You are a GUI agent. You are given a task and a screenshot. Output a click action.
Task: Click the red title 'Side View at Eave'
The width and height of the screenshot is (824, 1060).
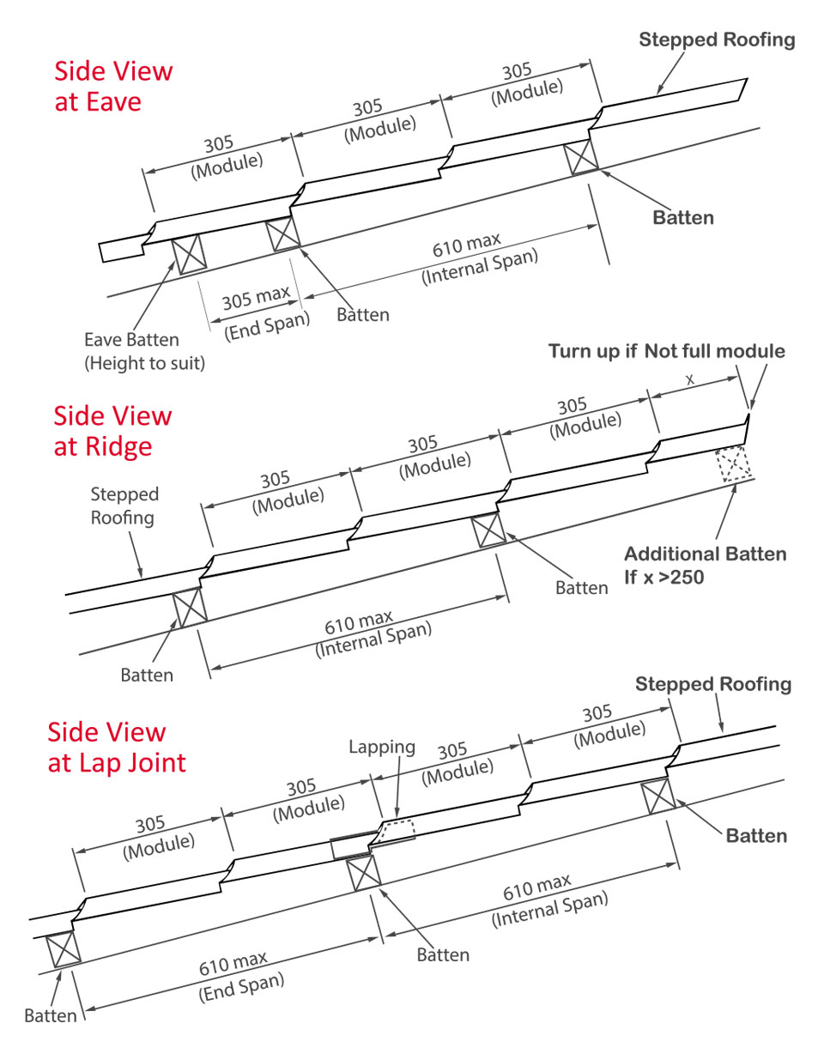(x=113, y=86)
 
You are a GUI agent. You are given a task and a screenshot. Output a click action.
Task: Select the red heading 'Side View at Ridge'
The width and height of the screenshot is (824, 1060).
(x=112, y=431)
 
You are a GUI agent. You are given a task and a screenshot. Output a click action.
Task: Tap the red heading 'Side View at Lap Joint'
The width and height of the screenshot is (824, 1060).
(x=116, y=747)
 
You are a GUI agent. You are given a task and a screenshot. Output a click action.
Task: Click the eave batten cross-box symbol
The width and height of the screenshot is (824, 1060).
(x=189, y=254)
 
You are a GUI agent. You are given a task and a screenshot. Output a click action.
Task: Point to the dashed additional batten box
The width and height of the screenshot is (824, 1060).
(x=734, y=463)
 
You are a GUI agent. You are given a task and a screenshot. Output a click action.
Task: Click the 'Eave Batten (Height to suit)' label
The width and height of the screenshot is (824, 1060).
(x=144, y=351)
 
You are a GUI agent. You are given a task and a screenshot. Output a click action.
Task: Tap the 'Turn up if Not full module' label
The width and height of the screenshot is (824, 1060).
(x=666, y=351)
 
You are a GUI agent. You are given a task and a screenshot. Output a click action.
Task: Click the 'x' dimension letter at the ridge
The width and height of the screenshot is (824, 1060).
(x=690, y=379)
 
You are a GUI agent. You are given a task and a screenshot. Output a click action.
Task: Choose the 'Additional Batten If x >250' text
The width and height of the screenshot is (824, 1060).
(x=704, y=565)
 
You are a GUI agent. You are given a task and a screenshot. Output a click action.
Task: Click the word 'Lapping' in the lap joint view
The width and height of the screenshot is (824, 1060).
(x=381, y=747)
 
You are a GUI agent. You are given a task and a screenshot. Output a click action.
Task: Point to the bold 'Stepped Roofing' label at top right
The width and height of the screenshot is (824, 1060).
(x=717, y=39)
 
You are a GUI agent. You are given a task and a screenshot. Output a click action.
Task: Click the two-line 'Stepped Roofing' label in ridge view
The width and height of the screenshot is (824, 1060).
(x=124, y=506)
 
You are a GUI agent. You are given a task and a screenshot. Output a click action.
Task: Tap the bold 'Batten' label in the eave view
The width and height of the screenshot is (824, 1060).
(x=682, y=217)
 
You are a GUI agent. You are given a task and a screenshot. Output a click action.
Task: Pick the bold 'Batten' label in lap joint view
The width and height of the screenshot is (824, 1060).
(x=755, y=835)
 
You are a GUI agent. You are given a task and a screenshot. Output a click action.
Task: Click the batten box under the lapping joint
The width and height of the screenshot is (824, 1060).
(x=363, y=872)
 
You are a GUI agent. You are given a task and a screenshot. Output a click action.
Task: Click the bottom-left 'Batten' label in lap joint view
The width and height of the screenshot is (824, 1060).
(x=50, y=1015)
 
